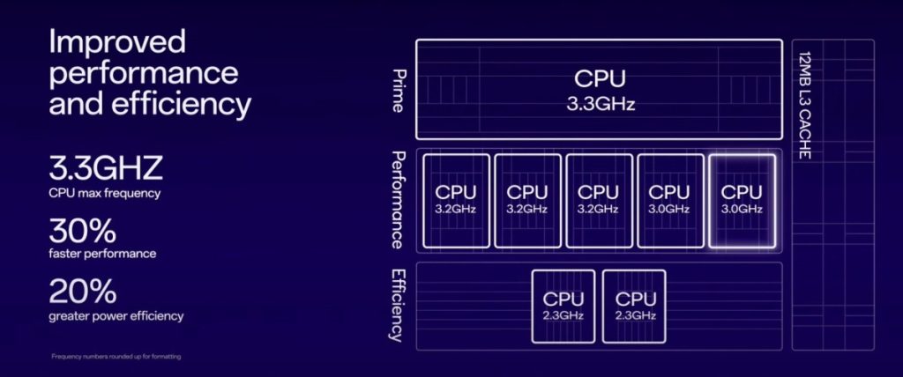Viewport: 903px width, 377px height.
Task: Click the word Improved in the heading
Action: (117, 41)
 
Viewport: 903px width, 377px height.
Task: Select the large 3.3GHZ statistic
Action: (106, 167)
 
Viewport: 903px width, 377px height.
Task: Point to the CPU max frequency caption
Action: (104, 191)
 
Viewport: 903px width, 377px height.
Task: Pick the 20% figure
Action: (82, 292)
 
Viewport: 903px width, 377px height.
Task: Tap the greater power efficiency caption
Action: (116, 315)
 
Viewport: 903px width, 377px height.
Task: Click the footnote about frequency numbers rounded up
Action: (116, 357)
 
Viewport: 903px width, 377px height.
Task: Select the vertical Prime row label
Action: (398, 91)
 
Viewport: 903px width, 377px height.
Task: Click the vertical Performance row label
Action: (398, 200)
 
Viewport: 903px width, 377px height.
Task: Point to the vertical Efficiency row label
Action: (398, 305)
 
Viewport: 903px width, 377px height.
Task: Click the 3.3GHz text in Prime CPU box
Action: (600, 103)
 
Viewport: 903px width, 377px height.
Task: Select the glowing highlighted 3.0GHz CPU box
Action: (742, 200)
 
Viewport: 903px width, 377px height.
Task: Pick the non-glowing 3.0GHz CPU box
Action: (669, 200)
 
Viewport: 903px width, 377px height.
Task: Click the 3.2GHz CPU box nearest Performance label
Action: (456, 200)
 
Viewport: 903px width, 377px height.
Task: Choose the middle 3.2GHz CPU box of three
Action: (527, 200)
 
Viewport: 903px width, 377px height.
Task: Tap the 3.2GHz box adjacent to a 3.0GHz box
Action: (598, 200)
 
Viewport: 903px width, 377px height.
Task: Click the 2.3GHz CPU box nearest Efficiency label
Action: (563, 306)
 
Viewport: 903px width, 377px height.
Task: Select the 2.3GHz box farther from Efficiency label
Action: (634, 306)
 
